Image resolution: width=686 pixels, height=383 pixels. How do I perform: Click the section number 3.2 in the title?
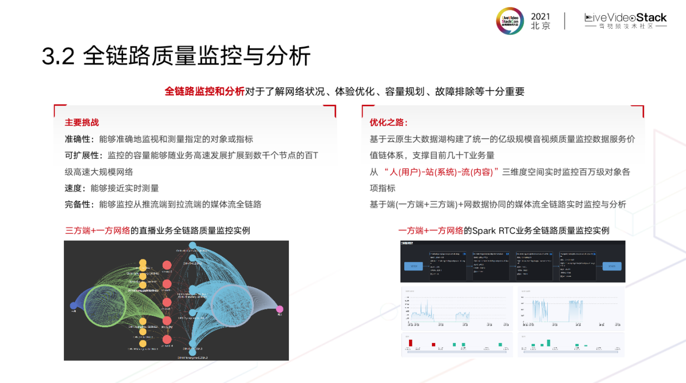coord(58,56)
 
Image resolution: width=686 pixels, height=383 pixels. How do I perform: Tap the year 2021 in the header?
coord(540,17)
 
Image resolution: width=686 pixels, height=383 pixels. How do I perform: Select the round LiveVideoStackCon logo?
coord(510,21)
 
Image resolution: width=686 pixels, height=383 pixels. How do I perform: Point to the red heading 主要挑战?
coord(82,122)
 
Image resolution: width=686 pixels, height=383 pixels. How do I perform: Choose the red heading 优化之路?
coord(389,122)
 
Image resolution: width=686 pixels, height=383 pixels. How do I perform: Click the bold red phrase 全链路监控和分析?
coord(204,92)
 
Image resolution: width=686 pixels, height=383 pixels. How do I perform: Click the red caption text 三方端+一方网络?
coord(98,230)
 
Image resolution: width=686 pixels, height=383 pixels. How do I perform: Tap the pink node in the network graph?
coord(280,309)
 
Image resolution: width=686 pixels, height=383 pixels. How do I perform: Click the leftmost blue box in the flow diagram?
coord(414,266)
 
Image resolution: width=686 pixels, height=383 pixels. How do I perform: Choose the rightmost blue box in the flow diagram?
coord(612,266)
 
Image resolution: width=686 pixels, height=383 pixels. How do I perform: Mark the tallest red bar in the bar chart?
coord(411,342)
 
